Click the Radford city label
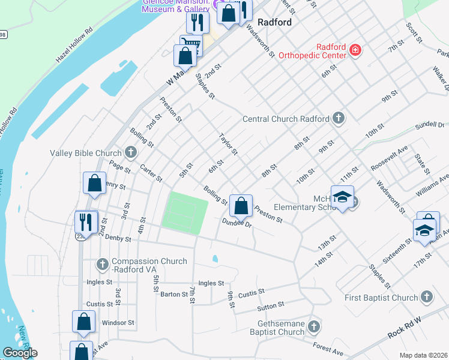(274, 22)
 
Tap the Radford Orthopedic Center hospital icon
(355, 49)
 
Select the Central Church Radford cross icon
(339, 118)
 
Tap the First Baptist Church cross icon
(426, 297)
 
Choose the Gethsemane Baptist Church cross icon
(313, 326)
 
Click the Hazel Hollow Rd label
(74, 46)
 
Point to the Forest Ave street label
(328, 348)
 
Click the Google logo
(20, 353)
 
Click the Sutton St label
(270, 307)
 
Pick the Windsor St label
(118, 323)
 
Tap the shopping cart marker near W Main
(191, 46)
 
